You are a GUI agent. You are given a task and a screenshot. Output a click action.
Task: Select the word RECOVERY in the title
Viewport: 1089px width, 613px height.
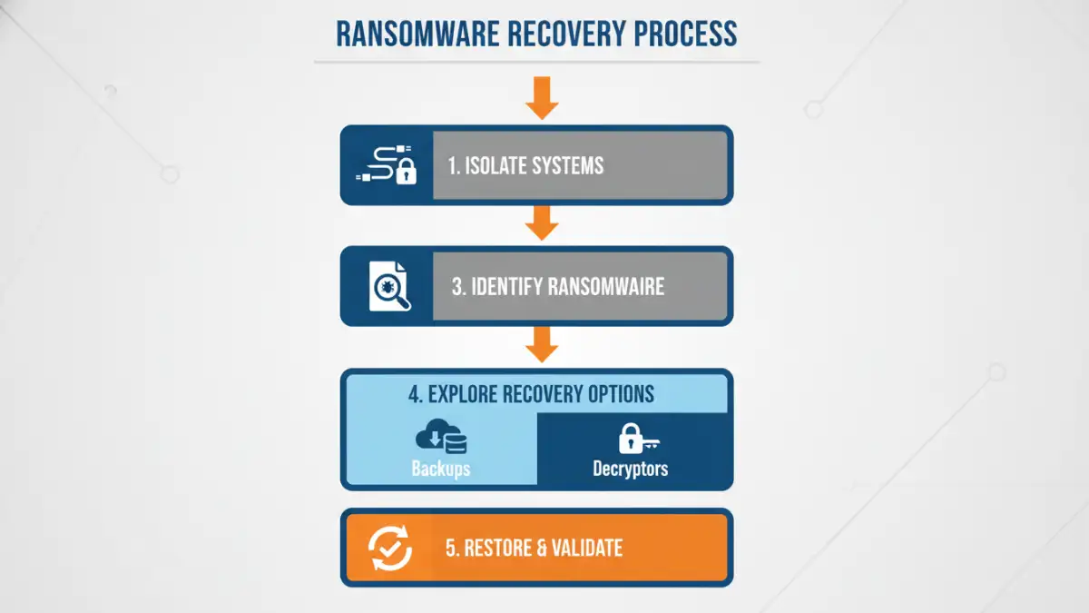coord(564,33)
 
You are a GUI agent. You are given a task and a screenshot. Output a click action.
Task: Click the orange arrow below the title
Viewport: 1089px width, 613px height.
coord(542,97)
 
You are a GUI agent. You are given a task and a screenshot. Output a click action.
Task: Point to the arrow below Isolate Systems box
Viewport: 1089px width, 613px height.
coord(542,222)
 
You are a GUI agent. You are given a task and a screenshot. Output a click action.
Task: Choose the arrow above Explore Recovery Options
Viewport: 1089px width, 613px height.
coord(542,344)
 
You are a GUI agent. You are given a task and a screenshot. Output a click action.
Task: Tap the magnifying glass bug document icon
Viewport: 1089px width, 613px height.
coord(389,286)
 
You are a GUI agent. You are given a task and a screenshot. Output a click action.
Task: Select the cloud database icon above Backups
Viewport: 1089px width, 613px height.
coord(441,438)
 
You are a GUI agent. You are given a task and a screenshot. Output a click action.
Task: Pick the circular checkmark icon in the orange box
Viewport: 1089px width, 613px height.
coord(390,548)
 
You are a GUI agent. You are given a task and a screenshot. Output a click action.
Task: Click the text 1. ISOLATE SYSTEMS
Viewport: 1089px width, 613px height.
coord(526,166)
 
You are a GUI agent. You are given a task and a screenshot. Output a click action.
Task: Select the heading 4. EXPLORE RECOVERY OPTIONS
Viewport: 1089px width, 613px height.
coord(531,395)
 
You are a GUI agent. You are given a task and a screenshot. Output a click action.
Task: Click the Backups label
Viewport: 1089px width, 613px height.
coord(440,469)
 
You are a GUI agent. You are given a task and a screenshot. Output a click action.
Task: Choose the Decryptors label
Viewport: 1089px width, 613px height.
coord(631,469)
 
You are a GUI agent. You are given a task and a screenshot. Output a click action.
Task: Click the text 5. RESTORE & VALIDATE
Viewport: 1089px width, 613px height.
coord(534,548)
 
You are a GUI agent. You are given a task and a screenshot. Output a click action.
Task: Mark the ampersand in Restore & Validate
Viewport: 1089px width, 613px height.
coord(542,548)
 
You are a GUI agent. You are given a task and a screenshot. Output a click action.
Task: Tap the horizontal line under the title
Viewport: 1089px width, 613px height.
coord(536,63)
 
